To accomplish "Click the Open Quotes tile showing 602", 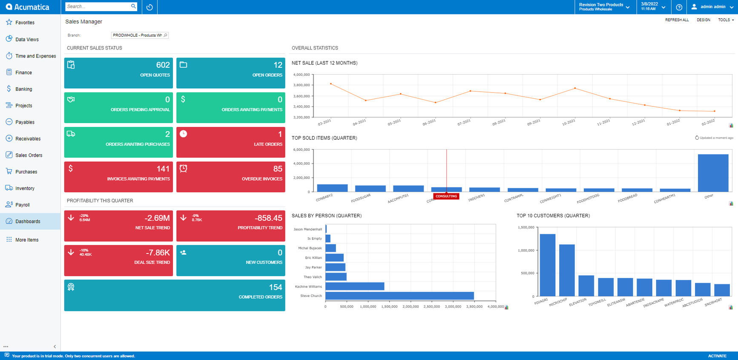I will point(118,73).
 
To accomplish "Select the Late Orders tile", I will point(230,142).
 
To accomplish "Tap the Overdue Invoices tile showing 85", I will point(230,176).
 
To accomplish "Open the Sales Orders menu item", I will point(29,155).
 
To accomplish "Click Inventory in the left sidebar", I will point(25,188).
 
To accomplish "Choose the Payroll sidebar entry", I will point(22,205).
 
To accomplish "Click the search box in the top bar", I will point(98,6).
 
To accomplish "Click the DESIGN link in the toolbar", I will point(703,20).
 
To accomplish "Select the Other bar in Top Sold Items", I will point(713,173).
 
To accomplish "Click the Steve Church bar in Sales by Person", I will point(399,296).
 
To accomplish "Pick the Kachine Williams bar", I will point(355,286).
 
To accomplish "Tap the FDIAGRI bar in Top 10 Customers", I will point(547,265).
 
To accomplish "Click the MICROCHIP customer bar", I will point(567,270).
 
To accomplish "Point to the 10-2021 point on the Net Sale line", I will point(575,88).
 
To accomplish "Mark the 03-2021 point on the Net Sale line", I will point(331,84).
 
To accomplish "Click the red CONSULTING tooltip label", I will point(446,196).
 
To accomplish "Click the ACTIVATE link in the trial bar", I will point(717,356).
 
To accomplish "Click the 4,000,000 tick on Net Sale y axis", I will point(302,75).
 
